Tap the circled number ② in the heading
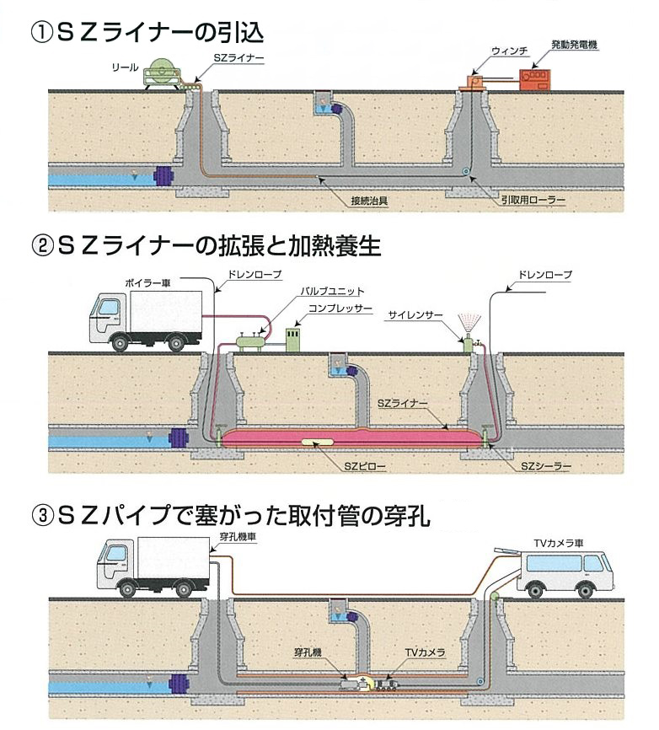(38, 247)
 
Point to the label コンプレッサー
(341, 309)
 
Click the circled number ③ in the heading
(38, 516)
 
